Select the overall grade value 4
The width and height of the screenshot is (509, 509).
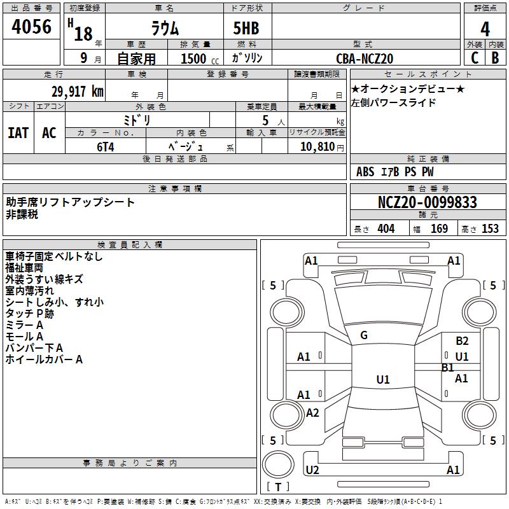(x=485, y=29)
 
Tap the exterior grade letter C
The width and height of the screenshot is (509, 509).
(x=474, y=57)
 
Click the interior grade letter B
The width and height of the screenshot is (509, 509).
(x=495, y=57)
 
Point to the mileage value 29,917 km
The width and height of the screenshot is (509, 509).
(x=77, y=91)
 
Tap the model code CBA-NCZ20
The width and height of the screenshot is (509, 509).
(x=365, y=59)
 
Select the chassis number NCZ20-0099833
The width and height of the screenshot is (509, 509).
(x=427, y=202)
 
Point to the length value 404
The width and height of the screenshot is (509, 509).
(x=386, y=228)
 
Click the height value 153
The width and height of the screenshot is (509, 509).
(x=490, y=228)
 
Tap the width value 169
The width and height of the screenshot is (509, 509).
(x=439, y=228)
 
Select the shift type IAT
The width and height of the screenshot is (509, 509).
(x=18, y=132)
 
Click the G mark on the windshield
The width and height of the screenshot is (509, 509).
(x=364, y=335)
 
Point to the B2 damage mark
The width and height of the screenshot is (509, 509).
(x=462, y=341)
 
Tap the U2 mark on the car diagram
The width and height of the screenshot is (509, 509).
(x=312, y=470)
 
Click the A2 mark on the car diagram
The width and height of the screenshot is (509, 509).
(x=312, y=413)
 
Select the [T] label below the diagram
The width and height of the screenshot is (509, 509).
(x=278, y=487)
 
